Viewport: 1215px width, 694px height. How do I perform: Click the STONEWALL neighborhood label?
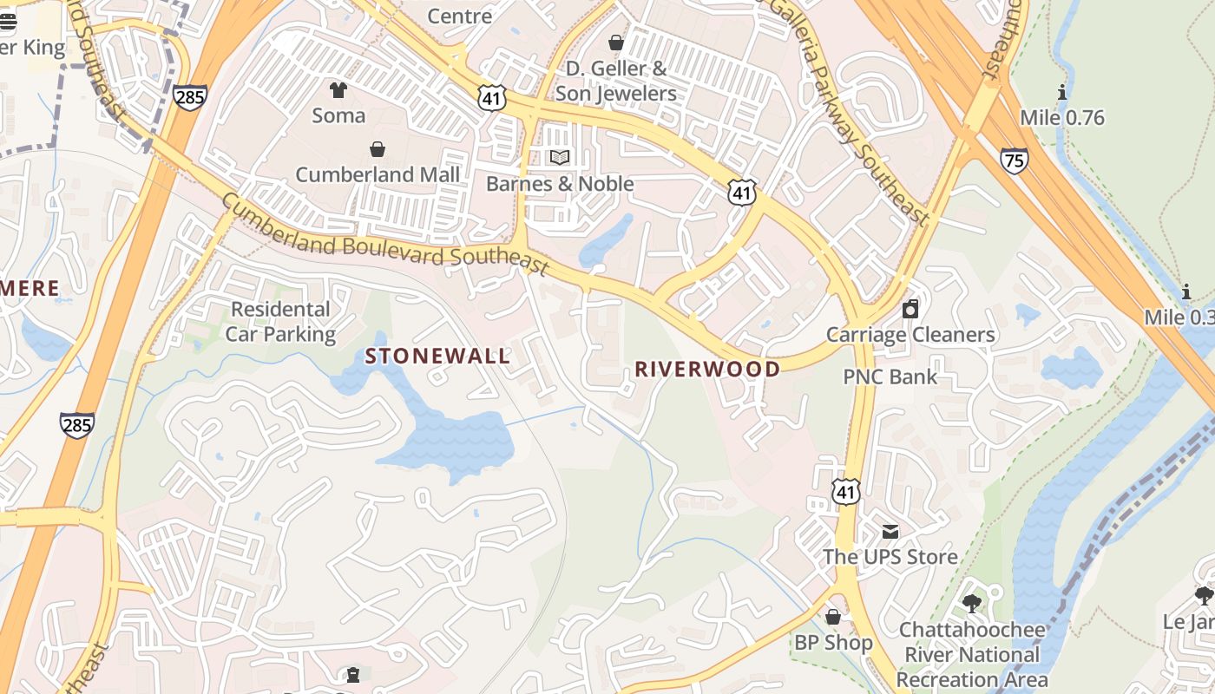tap(437, 357)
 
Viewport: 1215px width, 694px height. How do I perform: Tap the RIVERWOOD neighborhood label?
tap(707, 370)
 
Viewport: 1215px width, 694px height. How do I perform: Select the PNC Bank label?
tap(890, 376)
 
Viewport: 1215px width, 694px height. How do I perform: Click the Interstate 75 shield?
tap(1014, 160)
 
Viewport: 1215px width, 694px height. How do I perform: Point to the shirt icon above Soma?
tap(338, 90)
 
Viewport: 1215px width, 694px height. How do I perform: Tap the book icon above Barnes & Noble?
tap(560, 158)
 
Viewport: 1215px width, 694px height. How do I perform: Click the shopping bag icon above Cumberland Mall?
tap(378, 149)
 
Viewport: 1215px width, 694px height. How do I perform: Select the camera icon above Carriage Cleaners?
tap(910, 309)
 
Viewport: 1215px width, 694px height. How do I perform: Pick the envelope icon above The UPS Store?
tap(890, 531)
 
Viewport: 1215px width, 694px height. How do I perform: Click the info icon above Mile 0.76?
tap(1061, 93)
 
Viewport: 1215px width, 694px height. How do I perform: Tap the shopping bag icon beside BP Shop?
tap(833, 617)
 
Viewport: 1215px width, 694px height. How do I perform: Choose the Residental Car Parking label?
tap(280, 322)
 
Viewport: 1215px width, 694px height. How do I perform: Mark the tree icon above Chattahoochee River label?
tap(972, 603)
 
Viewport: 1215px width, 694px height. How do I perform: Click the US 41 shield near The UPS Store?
tap(845, 491)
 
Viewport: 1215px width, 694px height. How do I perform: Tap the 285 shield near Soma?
tap(189, 95)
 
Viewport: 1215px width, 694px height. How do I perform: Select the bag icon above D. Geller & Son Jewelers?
tap(616, 43)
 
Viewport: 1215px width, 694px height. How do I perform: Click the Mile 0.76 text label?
tap(1062, 118)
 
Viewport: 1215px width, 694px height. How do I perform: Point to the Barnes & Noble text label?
tap(560, 184)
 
